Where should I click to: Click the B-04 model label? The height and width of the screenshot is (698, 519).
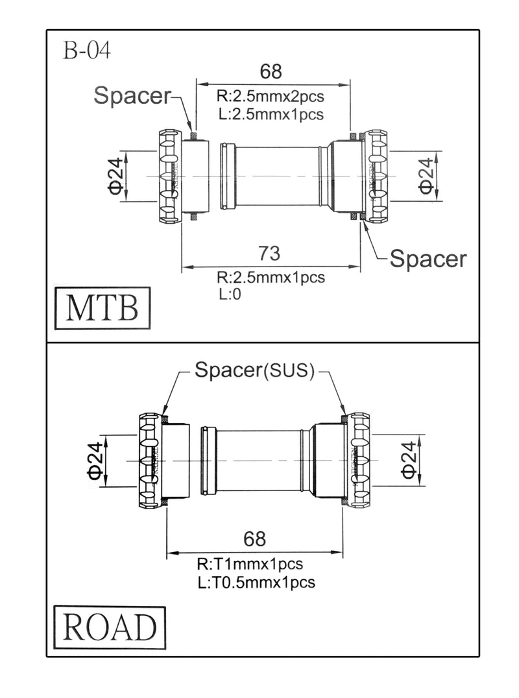click(87, 51)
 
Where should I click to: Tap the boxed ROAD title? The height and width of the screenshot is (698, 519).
click(110, 627)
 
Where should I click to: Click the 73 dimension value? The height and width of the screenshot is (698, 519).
click(271, 252)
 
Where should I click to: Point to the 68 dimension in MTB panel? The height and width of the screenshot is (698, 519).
click(271, 71)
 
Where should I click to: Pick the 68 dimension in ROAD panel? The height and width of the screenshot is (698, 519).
click(254, 539)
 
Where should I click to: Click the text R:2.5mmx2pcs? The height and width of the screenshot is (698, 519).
click(270, 97)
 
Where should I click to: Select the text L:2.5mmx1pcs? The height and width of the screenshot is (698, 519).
click(270, 114)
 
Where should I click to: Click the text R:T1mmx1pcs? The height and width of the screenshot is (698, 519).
click(250, 564)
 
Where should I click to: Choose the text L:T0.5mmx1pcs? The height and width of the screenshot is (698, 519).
click(256, 582)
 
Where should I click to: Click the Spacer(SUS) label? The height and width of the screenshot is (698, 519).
click(255, 370)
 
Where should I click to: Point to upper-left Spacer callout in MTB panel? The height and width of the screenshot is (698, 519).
click(132, 95)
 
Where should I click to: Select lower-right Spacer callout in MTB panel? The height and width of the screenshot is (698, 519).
click(428, 259)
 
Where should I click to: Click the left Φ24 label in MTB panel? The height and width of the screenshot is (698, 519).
click(116, 177)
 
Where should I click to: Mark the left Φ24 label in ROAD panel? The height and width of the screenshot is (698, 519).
click(96, 461)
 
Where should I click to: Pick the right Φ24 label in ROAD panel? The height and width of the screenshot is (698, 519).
click(407, 461)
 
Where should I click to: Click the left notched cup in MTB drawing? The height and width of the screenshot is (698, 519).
click(169, 176)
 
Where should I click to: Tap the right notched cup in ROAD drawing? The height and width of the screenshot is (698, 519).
click(358, 460)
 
